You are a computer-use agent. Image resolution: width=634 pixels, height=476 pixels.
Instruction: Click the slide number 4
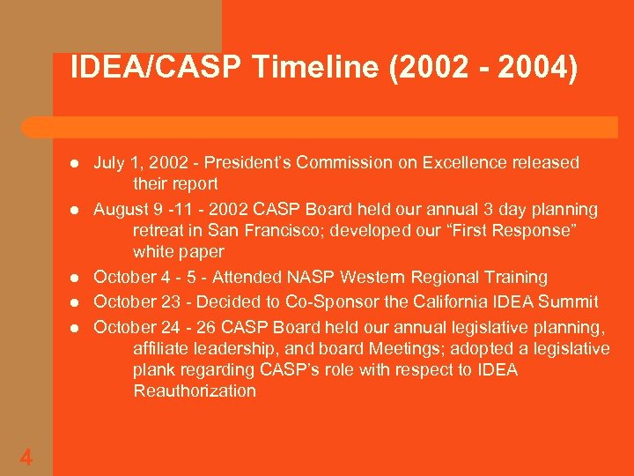[26, 457]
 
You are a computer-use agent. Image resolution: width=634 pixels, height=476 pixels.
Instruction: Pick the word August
[122, 210]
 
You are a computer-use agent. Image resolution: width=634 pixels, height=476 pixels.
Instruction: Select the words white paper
[179, 252]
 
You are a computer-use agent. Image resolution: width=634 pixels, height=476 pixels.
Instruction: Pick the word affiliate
[164, 348]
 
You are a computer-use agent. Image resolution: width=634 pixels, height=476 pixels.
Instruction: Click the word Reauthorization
[195, 390]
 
